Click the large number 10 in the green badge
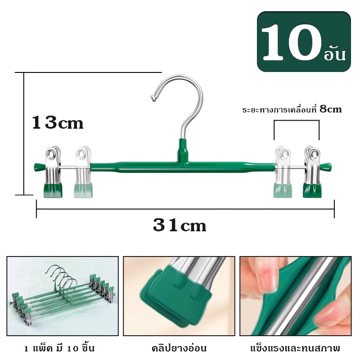[291, 43]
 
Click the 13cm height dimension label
[58, 122]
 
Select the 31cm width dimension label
[180, 225]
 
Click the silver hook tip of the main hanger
[153, 98]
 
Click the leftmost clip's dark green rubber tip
[53, 190]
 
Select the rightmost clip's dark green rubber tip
[312, 190]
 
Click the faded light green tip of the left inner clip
[83, 190]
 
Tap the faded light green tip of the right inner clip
[283, 190]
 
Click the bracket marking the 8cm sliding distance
[297, 120]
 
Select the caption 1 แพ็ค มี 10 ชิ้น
[59, 348]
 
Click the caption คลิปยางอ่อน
[179, 348]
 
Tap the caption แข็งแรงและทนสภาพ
[295, 348]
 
